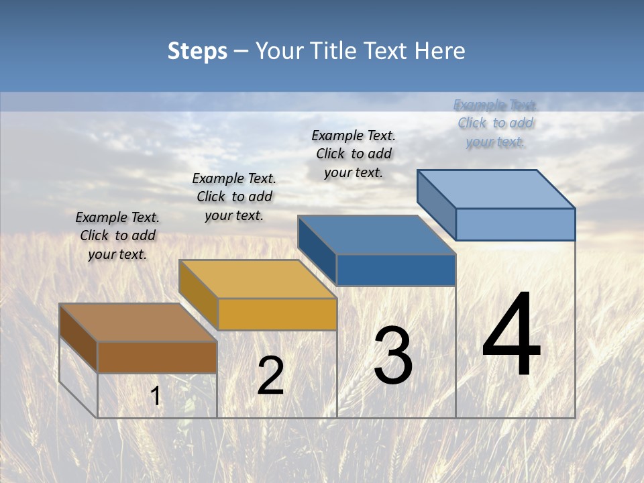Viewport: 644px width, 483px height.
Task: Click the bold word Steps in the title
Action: [197, 51]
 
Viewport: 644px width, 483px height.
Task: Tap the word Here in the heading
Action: [439, 51]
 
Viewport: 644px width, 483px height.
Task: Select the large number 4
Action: [511, 335]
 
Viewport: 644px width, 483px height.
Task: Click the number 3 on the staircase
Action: [393, 356]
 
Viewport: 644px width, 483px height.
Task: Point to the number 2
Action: [270, 376]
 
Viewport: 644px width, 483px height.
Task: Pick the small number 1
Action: [156, 396]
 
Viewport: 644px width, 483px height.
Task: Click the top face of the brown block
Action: [138, 323]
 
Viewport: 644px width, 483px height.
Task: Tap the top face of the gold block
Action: [257, 279]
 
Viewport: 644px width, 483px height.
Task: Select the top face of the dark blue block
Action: [376, 235]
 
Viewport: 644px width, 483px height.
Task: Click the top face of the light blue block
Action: [496, 189]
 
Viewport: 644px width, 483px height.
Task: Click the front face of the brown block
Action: [157, 358]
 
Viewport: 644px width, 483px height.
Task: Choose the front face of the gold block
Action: [277, 314]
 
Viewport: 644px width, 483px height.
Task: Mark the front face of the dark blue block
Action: [396, 270]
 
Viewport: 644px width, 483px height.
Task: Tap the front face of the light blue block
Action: [515, 224]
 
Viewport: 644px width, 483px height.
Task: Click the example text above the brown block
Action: [117, 235]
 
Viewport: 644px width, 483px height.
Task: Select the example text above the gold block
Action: [234, 197]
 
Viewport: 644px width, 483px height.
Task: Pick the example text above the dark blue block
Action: [354, 154]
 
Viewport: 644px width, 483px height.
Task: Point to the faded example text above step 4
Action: [495, 123]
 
